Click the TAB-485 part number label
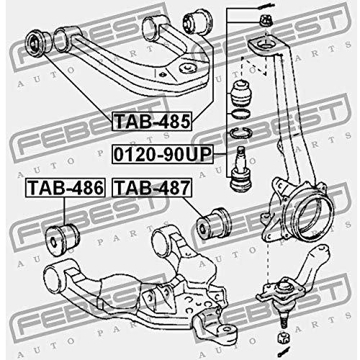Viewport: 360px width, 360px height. pos(152,121)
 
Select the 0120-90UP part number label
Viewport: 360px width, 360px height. pos(163,154)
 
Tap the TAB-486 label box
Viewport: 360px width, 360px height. pos(66,188)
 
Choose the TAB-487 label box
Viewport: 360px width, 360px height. pos(152,188)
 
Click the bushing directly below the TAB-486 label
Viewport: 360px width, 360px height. pos(63,239)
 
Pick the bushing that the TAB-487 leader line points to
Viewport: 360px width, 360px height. pos(214,223)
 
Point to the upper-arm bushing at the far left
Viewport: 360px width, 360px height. pos(38,43)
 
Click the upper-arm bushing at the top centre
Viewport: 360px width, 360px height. pos(197,22)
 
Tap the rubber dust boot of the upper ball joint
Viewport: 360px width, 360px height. pos(241,93)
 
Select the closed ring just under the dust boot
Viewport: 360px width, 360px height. pos(240,114)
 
